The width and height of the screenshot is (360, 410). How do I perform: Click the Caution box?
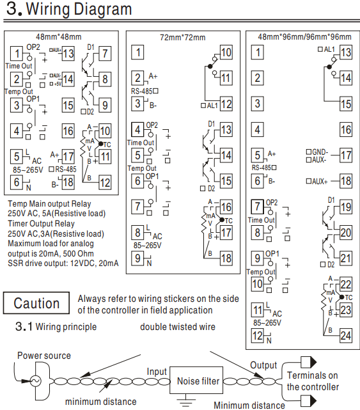point(36,303)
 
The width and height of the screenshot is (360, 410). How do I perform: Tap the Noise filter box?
point(196,380)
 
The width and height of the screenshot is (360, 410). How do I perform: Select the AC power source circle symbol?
point(35,381)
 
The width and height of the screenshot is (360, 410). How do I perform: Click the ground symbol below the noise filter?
point(186,400)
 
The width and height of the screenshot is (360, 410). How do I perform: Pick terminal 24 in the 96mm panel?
point(346,336)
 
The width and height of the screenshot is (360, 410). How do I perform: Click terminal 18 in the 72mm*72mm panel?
point(226,258)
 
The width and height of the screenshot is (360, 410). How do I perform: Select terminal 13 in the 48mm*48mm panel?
point(68,54)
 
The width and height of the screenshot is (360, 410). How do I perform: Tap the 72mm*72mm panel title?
point(182,38)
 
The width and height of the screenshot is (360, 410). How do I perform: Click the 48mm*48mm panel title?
point(59,37)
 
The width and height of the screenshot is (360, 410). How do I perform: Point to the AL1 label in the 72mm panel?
point(212,106)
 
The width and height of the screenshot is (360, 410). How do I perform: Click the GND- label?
point(320,152)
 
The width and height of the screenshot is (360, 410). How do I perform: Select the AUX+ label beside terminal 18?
point(320,181)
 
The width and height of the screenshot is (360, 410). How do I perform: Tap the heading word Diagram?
point(102,9)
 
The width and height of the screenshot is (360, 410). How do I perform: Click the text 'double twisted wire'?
point(178,327)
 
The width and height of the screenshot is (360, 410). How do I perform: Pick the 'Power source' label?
point(44,356)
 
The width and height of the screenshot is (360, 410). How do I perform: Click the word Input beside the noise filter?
point(157,372)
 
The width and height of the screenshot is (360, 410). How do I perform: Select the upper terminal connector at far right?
point(308,363)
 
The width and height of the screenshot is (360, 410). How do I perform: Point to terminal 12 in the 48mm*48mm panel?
point(105,183)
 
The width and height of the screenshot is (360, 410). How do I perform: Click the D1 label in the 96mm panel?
point(331,200)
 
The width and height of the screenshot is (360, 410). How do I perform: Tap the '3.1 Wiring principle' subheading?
point(56,327)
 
